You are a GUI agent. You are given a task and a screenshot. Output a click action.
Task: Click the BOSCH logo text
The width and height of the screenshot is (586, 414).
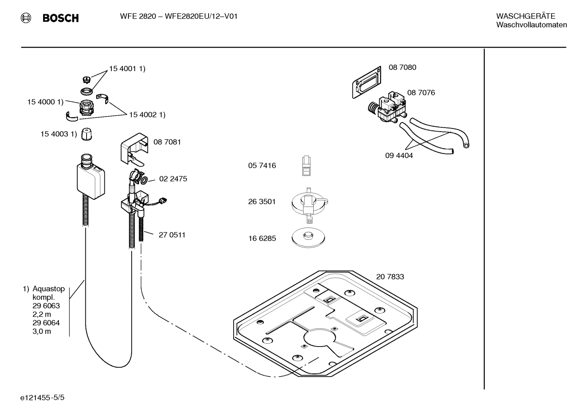[60, 18]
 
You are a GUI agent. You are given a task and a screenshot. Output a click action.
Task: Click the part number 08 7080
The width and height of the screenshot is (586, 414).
[402, 67]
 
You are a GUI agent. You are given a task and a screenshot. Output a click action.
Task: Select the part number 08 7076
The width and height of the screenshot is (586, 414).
[421, 93]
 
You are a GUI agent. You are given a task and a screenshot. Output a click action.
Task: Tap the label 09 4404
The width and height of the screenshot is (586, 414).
[399, 155]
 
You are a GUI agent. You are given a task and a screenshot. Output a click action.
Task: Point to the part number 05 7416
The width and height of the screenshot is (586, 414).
[262, 165]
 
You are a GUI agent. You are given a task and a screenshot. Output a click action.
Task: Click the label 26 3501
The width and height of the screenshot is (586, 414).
[262, 202]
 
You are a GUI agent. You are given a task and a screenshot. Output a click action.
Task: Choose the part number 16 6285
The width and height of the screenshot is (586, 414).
[262, 238]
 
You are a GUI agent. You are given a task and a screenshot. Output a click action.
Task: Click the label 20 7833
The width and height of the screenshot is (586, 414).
[390, 277]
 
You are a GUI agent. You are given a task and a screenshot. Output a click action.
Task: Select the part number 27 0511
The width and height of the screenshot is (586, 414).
[172, 235]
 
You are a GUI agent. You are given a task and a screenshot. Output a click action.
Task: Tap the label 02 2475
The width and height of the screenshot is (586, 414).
[173, 179]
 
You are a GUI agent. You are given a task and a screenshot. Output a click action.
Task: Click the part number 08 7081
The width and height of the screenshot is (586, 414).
[167, 142]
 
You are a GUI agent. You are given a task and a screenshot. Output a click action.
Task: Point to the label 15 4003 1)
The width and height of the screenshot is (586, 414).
[58, 134]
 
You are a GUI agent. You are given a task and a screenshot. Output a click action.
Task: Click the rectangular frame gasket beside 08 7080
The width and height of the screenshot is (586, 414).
[367, 82]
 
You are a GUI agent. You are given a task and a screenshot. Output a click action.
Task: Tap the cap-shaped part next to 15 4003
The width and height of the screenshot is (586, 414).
[87, 134]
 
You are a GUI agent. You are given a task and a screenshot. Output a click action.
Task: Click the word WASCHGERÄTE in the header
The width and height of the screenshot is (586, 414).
[525, 16]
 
